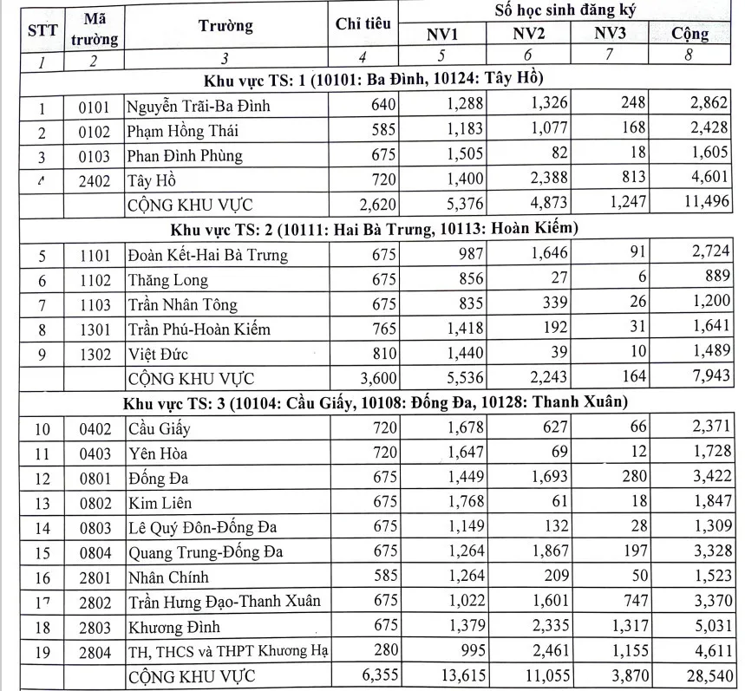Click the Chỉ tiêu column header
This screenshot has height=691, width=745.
pyautogui.click(x=363, y=25)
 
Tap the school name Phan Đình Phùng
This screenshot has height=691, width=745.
pyautogui.click(x=185, y=156)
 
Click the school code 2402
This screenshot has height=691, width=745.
pyautogui.click(x=95, y=181)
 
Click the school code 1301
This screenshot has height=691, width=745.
pyautogui.click(x=95, y=329)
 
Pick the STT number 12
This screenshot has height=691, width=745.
pyautogui.click(x=42, y=478)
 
